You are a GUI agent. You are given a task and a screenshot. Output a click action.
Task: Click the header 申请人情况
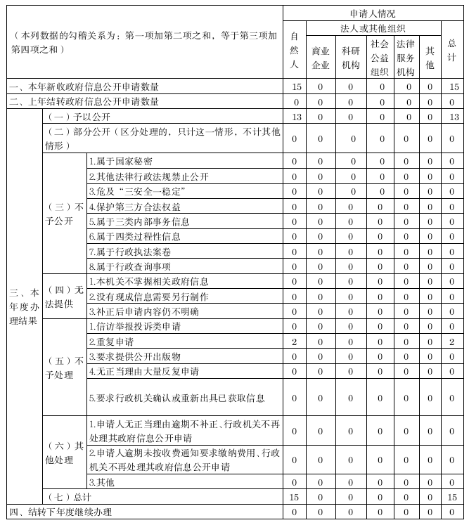(x=372, y=13)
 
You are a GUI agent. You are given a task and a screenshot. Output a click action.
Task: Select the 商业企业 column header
(x=320, y=58)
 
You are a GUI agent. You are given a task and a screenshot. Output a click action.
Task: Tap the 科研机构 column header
(x=351, y=58)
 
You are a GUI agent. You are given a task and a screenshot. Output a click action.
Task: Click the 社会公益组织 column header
(x=380, y=57)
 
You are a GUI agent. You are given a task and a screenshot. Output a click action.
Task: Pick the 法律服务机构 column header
(x=406, y=57)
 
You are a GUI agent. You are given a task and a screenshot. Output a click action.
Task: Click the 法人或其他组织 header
(x=372, y=29)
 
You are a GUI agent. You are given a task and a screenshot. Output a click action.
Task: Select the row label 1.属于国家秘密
(x=120, y=162)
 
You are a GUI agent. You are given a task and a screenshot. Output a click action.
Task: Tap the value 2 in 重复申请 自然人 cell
(x=295, y=341)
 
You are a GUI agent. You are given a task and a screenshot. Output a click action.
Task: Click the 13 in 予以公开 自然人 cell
(x=296, y=117)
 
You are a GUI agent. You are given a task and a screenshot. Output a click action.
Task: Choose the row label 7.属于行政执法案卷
(x=130, y=251)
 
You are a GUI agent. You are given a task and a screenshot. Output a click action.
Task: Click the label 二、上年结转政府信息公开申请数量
(x=84, y=102)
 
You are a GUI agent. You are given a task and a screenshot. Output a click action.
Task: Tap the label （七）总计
(x=66, y=497)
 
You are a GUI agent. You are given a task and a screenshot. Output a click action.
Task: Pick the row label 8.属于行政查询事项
(x=130, y=266)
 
